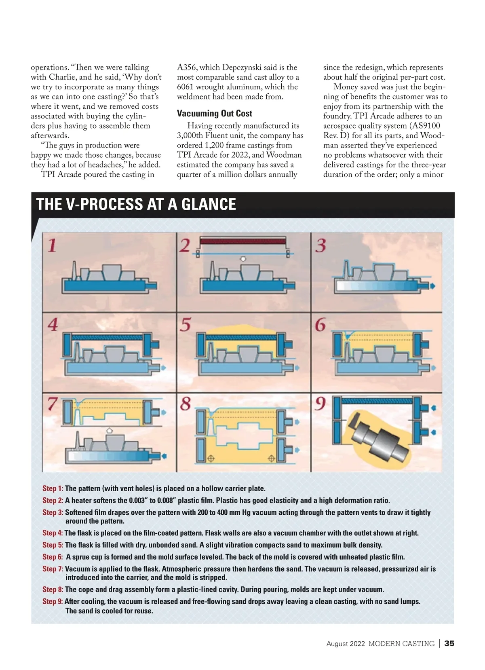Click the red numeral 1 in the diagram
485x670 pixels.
point(52,245)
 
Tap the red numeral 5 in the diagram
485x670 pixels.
point(186,325)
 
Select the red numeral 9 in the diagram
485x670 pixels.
point(320,404)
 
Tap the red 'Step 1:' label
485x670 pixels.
point(53,488)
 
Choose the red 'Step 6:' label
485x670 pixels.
point(53,557)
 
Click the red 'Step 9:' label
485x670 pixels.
point(53,601)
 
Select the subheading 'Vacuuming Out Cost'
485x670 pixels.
point(214,114)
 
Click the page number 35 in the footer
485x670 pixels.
point(449,643)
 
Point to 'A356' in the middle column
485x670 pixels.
point(187,68)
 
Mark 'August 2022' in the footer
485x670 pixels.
point(346,643)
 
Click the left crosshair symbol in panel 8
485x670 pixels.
point(210,459)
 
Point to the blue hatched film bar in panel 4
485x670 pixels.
point(107,337)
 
